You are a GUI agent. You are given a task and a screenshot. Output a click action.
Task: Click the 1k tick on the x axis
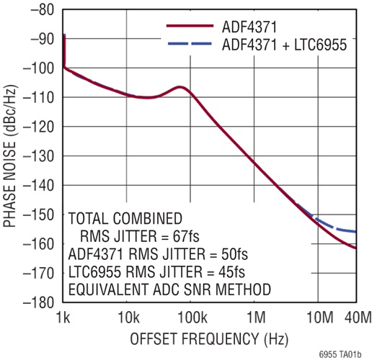(x=63, y=317)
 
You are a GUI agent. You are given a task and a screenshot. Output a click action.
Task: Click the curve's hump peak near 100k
(x=180, y=88)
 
